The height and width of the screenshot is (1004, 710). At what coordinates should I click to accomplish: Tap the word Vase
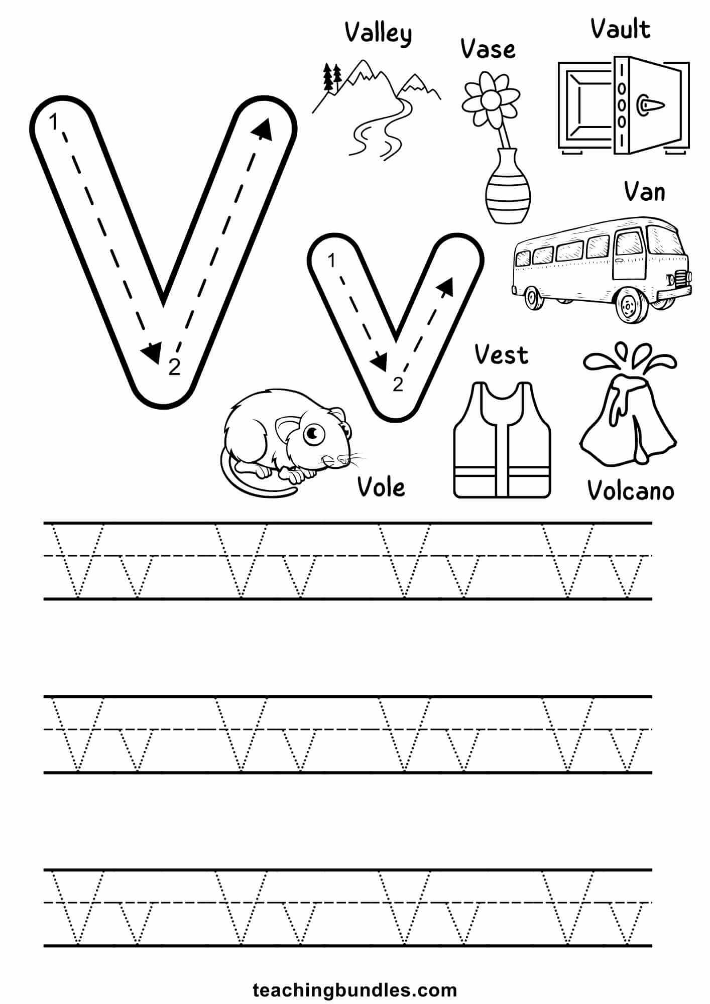pyautogui.click(x=488, y=49)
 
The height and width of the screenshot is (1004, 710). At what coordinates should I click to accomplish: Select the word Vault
pyautogui.click(x=620, y=29)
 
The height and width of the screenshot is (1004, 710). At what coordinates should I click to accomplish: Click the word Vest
pyautogui.click(x=501, y=355)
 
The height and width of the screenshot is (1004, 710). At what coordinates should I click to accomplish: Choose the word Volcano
pyautogui.click(x=631, y=490)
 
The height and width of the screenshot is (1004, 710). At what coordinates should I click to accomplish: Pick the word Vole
pyautogui.click(x=381, y=487)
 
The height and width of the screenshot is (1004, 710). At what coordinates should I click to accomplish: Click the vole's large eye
pyautogui.click(x=312, y=433)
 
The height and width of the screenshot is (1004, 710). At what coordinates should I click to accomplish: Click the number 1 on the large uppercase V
pyautogui.click(x=54, y=122)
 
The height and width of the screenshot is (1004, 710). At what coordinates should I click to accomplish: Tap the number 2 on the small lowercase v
pyautogui.click(x=398, y=385)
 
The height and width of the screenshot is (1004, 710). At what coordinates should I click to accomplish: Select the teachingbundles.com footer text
pyautogui.click(x=355, y=976)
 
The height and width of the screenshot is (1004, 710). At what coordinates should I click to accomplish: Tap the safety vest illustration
pyautogui.click(x=502, y=440)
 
